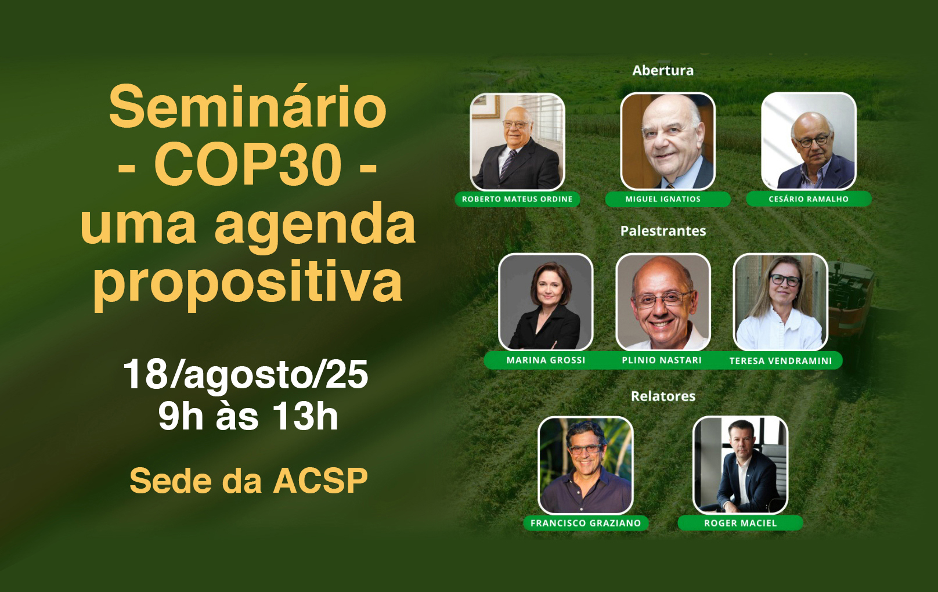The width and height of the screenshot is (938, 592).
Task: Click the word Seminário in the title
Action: pos(247,107)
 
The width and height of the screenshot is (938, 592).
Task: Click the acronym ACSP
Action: pos(320,481)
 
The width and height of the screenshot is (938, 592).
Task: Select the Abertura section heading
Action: pos(663,70)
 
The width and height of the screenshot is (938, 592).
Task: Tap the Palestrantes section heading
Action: pos(663,230)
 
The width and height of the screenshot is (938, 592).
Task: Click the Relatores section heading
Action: pos(663,396)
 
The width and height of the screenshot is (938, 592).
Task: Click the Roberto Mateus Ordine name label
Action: pos(517,199)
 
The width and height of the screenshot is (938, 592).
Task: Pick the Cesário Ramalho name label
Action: pos(809,199)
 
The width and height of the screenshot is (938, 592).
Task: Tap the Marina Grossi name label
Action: pos(546,360)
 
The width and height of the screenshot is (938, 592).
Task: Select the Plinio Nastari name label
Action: pos(662,360)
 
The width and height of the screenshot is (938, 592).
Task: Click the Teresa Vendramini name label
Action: pos(781,361)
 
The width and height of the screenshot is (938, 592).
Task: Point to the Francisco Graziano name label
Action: pos(586,524)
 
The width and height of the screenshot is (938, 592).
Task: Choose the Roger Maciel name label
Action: pos(740,524)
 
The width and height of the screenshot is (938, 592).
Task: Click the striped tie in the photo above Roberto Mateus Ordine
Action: pos(508,163)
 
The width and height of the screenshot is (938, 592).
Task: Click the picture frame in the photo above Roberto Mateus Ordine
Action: pos(486,106)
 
